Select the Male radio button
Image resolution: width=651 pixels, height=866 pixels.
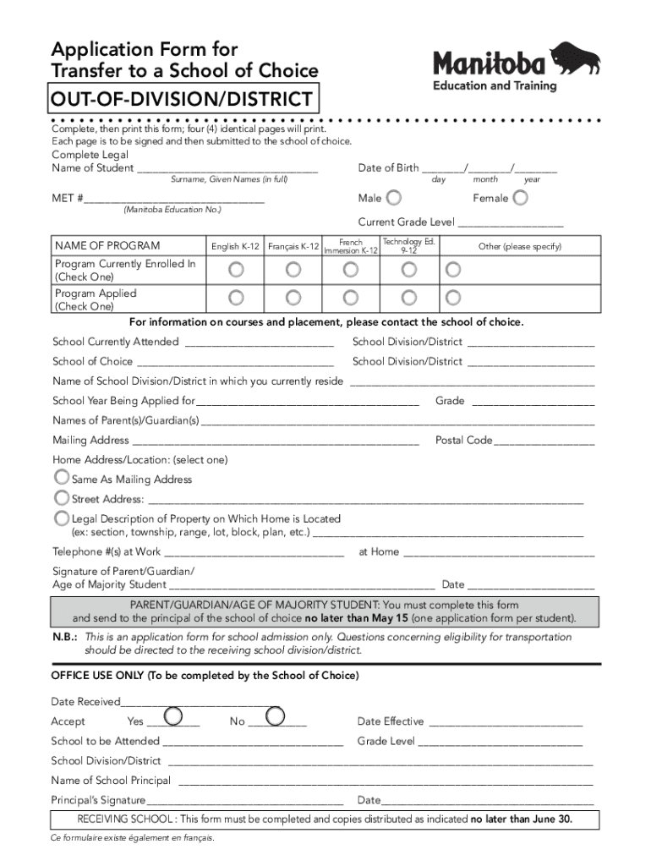(394, 198)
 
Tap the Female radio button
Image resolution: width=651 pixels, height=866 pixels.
(521, 198)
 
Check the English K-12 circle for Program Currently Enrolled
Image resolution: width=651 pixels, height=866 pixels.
(237, 269)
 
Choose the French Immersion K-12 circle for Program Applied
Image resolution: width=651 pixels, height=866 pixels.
(350, 298)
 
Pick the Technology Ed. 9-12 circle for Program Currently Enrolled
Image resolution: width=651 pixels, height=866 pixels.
(408, 269)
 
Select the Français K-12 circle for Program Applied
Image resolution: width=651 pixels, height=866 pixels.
(293, 298)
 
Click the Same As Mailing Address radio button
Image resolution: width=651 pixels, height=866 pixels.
(62, 478)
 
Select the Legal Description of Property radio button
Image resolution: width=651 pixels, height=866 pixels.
(62, 518)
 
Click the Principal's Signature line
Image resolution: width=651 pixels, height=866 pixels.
(244, 801)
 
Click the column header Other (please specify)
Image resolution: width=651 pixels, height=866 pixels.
(519, 247)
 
